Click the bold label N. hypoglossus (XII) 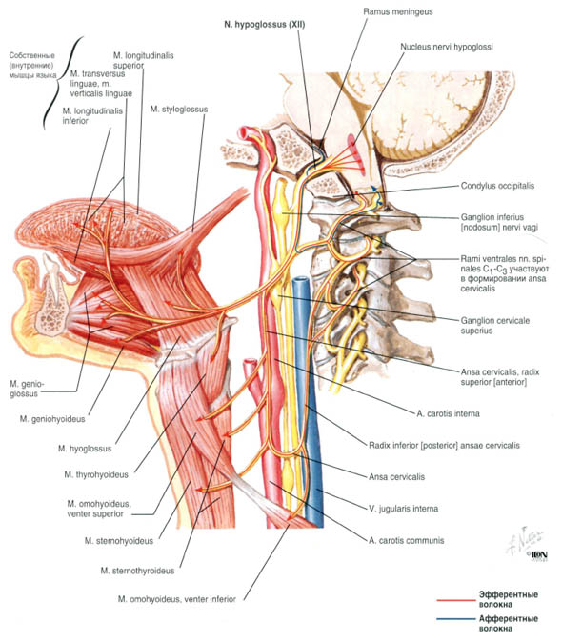coord(264,25)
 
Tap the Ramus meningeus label coord(398,11)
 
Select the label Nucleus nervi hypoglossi coord(447,47)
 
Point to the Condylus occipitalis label coord(497,186)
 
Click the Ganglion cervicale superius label coord(495,326)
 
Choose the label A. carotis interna coord(449,413)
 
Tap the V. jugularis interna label coord(403,509)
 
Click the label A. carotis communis coord(406,540)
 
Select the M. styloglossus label coord(179,110)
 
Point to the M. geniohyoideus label coord(52,419)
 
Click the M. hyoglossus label coord(85,449)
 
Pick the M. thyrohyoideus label coord(96,474)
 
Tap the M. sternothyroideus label coord(137,571)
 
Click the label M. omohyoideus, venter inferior coord(177,599)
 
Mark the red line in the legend coord(456,600)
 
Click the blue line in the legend coord(456,618)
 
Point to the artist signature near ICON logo coord(525,540)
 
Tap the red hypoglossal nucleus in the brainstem coord(355,152)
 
